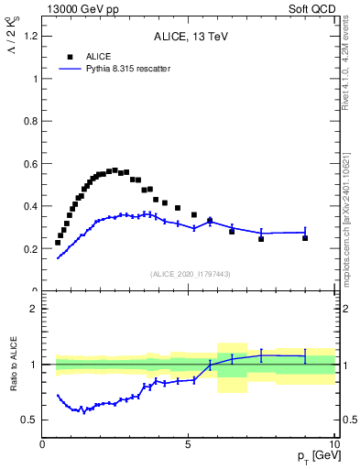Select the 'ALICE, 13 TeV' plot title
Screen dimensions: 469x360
tap(189, 37)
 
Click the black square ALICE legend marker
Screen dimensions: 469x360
tap(70, 57)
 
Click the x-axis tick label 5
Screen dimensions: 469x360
tap(189, 445)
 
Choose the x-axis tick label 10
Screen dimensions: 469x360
tap(333, 445)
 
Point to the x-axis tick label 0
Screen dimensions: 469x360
tap(43, 445)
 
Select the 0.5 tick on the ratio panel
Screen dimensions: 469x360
tap(30, 420)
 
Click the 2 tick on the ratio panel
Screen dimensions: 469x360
tap(33, 309)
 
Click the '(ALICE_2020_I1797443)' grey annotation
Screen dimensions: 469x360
tap(189, 274)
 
